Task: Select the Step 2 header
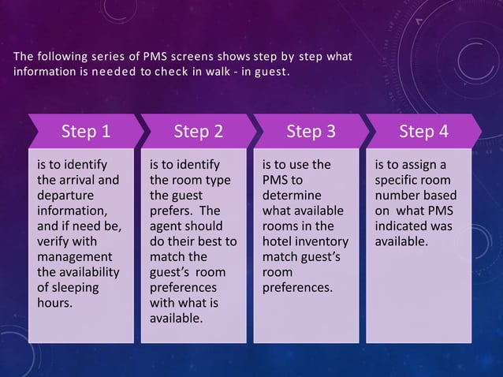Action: click(198, 131)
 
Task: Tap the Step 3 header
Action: click(311, 131)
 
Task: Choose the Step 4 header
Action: click(423, 131)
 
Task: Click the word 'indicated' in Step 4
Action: click(402, 226)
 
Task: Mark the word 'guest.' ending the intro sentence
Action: click(270, 73)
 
